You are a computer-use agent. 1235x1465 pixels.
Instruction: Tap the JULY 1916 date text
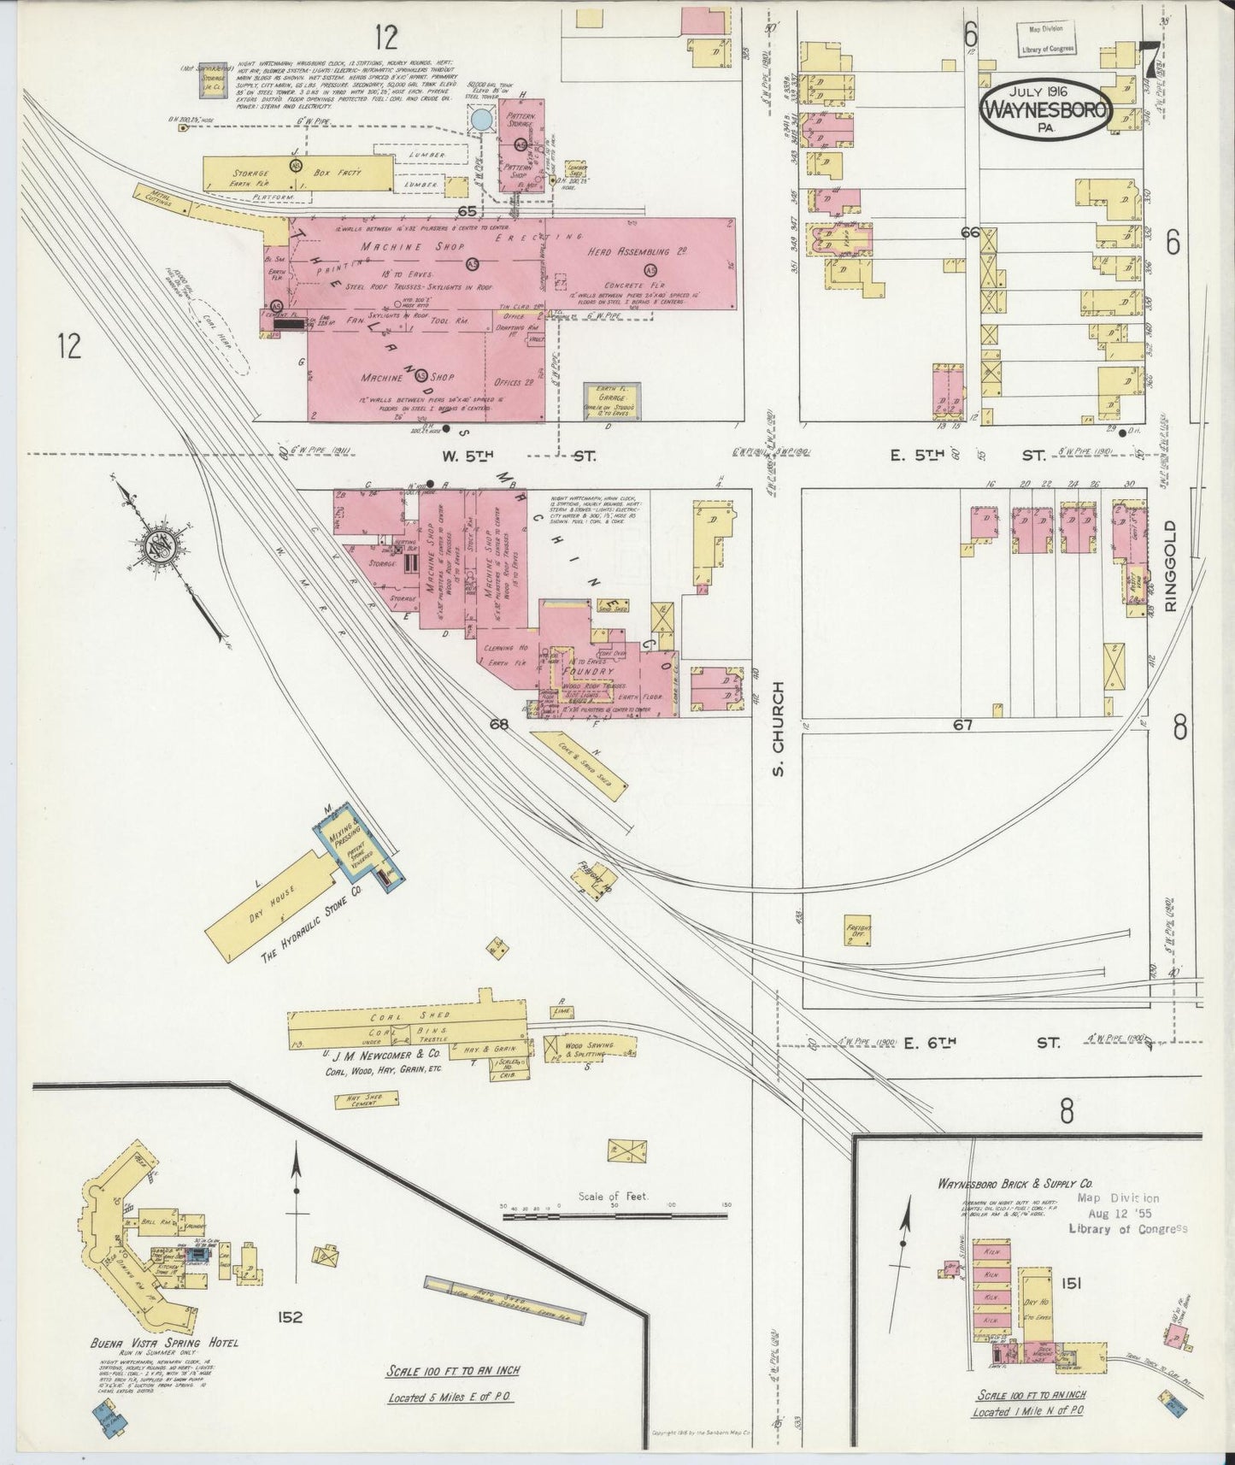click(x=1046, y=90)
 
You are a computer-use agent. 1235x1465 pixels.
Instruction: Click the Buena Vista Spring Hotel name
click(x=164, y=1342)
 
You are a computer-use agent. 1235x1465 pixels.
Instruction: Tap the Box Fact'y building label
click(x=338, y=174)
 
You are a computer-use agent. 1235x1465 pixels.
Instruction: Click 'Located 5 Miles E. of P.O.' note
click(x=453, y=1399)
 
